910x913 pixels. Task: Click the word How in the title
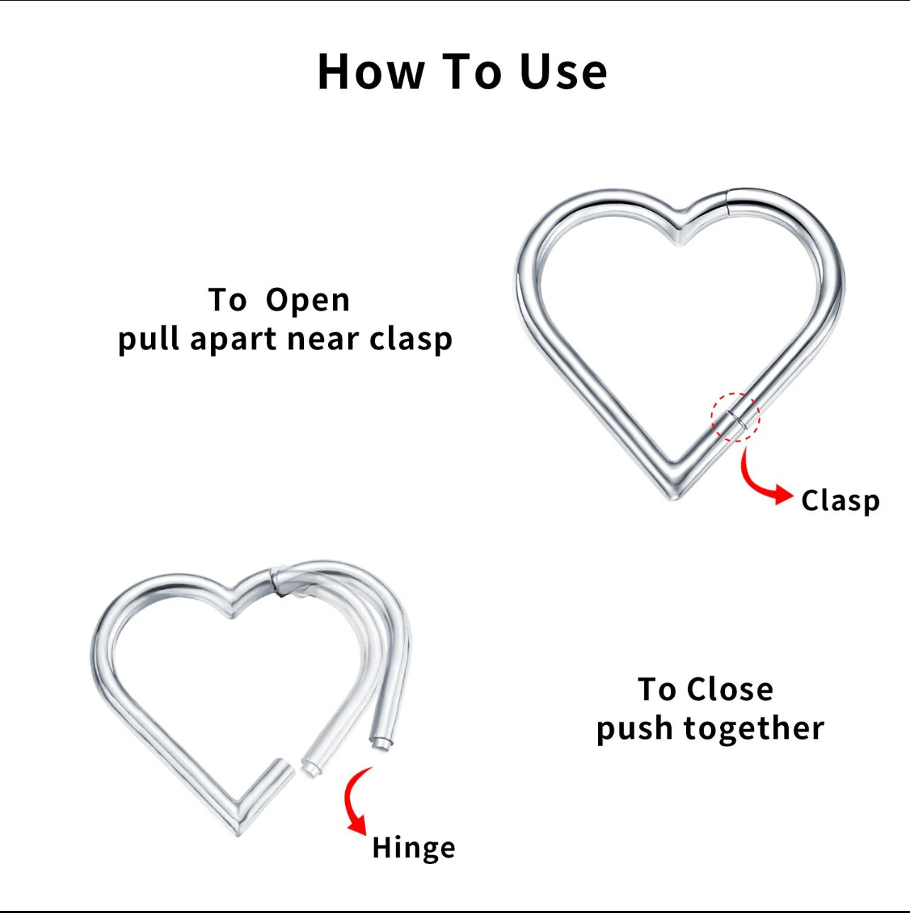tap(371, 72)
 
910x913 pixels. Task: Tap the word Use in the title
tap(563, 72)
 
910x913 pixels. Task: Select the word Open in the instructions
tap(308, 301)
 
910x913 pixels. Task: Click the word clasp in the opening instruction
tap(411, 340)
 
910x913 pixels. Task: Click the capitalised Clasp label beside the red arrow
tap(840, 501)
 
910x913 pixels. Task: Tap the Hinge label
tap(413, 848)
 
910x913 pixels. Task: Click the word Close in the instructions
tap(729, 690)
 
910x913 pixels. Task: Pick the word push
tap(629, 729)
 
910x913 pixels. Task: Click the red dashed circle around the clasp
tap(736, 418)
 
